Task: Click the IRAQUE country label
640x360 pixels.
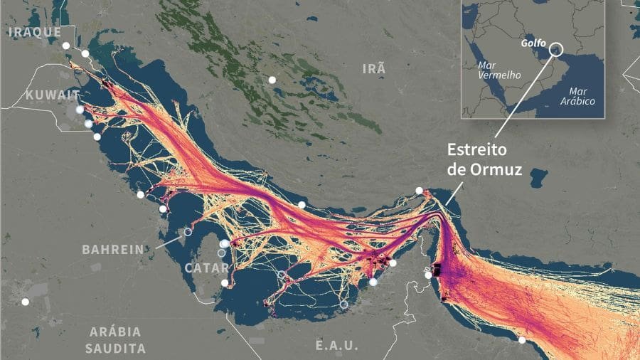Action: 33,32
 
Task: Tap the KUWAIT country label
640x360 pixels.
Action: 52,95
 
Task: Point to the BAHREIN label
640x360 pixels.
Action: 112,250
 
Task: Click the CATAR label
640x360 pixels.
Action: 207,268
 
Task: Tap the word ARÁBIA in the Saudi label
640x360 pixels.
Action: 115,332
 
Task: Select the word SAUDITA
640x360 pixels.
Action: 115,348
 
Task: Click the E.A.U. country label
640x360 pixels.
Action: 336,345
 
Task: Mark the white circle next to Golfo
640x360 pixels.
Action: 556,49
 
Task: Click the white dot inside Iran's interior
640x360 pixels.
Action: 272,80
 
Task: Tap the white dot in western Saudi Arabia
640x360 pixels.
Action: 26,302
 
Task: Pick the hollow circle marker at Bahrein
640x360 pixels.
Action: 188,231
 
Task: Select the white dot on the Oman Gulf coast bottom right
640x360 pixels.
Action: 522,340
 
